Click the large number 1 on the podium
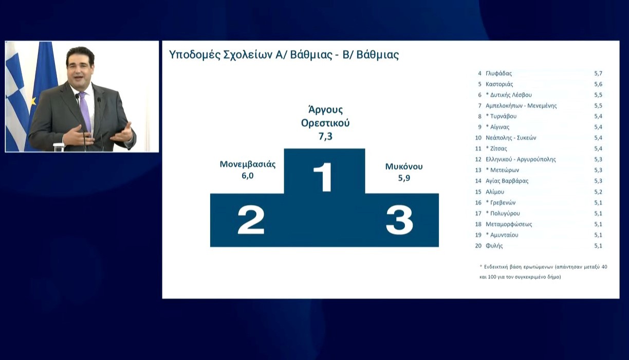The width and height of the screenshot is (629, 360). click(x=323, y=177)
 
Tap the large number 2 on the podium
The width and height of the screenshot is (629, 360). click(x=251, y=220)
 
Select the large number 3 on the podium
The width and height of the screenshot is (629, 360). click(x=399, y=220)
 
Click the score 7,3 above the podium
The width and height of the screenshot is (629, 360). click(x=325, y=136)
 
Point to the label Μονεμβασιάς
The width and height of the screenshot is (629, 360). click(x=247, y=164)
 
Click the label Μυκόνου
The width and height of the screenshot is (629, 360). click(x=404, y=166)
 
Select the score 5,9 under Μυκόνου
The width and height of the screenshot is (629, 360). click(x=404, y=178)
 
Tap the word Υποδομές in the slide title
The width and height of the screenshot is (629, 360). click(x=194, y=55)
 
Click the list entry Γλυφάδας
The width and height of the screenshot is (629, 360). click(x=498, y=74)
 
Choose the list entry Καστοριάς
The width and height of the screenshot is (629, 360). click(x=499, y=84)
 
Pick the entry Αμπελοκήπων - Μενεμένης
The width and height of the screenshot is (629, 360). click(x=521, y=105)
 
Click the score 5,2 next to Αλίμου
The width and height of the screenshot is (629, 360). click(x=598, y=192)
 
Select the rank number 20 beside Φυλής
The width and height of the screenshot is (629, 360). click(x=478, y=246)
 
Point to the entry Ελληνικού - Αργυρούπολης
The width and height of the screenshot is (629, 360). click(x=521, y=159)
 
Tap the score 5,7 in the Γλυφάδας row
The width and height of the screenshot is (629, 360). click(x=598, y=74)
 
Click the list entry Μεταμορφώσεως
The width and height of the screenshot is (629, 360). click(x=509, y=224)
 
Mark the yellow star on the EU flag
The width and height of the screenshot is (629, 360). click(x=34, y=101)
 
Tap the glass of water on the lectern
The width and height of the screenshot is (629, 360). click(x=59, y=147)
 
